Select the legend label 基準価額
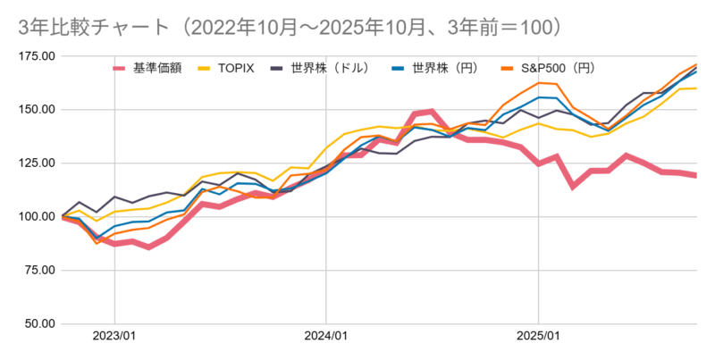pyautogui.click(x=157, y=68)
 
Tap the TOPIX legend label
pyautogui.click(x=240, y=68)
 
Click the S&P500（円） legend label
pyautogui.click(x=559, y=68)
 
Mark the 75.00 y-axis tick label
pyautogui.click(x=38, y=271)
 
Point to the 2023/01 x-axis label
pyautogui.click(x=114, y=338)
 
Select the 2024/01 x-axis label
pyautogui.click(x=326, y=338)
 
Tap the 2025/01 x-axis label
pyautogui.click(x=538, y=338)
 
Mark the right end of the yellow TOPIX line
pyautogui.click(x=696, y=88)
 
